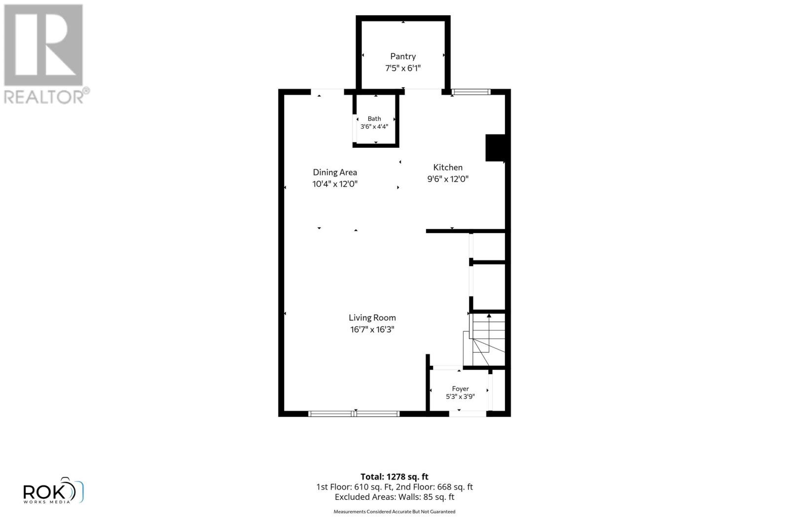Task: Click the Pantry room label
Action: [x=403, y=56]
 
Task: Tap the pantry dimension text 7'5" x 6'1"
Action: [x=403, y=68]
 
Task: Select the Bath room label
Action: [x=374, y=119]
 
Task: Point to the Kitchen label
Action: [x=448, y=167]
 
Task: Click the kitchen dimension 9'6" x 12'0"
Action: [x=448, y=179]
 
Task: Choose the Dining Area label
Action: [x=335, y=173]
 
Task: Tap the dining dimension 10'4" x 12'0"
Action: [x=335, y=184]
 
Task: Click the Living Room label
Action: [x=372, y=318]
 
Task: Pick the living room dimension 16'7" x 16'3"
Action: [x=372, y=329]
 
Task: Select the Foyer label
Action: [x=461, y=388]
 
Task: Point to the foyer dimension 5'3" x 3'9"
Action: [x=461, y=396]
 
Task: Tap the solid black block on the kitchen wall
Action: [x=496, y=148]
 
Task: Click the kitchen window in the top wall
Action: [x=471, y=92]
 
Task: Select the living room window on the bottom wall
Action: [x=354, y=414]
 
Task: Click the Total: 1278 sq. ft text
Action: [x=394, y=477]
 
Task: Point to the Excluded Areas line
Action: [x=394, y=497]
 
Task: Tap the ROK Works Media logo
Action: [x=53, y=491]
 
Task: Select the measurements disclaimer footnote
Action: [x=394, y=512]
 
